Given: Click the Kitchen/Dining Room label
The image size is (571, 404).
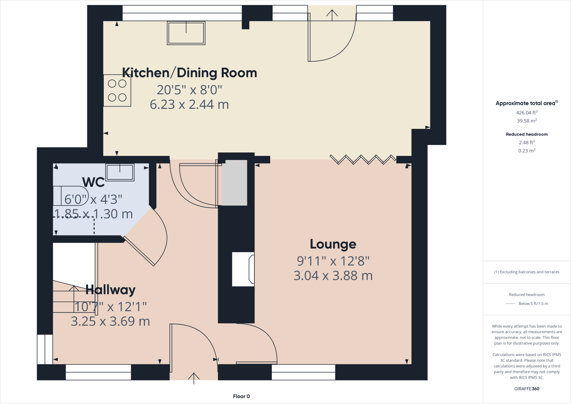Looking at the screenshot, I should (189, 73).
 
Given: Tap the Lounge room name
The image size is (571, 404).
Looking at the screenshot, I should (333, 244).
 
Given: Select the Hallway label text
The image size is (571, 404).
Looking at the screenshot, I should (110, 290).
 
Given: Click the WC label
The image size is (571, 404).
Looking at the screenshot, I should (93, 182).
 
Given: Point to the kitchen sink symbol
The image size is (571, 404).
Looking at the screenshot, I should (186, 33).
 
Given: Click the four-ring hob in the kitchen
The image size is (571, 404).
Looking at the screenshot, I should (117, 90).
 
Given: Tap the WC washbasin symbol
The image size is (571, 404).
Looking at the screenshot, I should (120, 172).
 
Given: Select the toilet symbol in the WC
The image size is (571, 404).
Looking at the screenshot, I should (71, 196).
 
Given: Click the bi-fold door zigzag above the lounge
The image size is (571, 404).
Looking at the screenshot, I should (362, 159).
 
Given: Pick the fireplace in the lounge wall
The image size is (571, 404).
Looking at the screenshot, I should (243, 269).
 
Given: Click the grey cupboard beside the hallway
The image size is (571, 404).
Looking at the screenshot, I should (234, 182).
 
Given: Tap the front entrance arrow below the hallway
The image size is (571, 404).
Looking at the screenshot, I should (194, 378).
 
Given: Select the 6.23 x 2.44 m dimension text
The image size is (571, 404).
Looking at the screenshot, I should (189, 105).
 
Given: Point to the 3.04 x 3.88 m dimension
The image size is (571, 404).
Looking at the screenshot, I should (333, 276).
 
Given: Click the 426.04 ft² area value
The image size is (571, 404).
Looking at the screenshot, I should (526, 113).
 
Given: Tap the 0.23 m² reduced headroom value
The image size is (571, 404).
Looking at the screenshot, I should (526, 151).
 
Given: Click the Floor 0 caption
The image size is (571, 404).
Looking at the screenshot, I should (241, 396).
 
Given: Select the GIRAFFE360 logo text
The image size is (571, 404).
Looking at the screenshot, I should (526, 389).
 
